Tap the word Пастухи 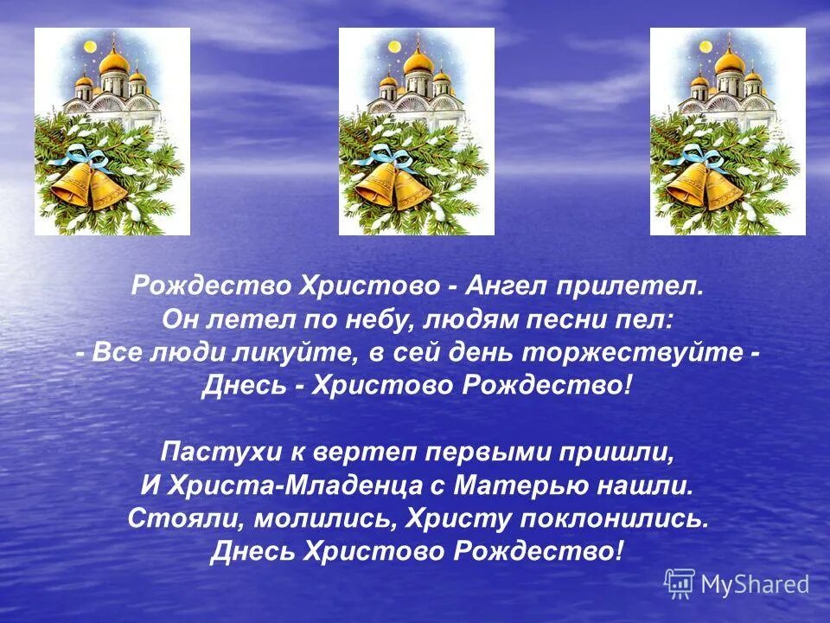pos(205,452)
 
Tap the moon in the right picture pos(705,45)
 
